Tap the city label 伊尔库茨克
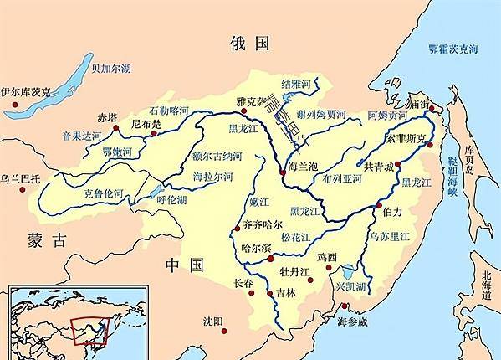pos(28,91)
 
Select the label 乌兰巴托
pos(23,178)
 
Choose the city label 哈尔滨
pos(257,249)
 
